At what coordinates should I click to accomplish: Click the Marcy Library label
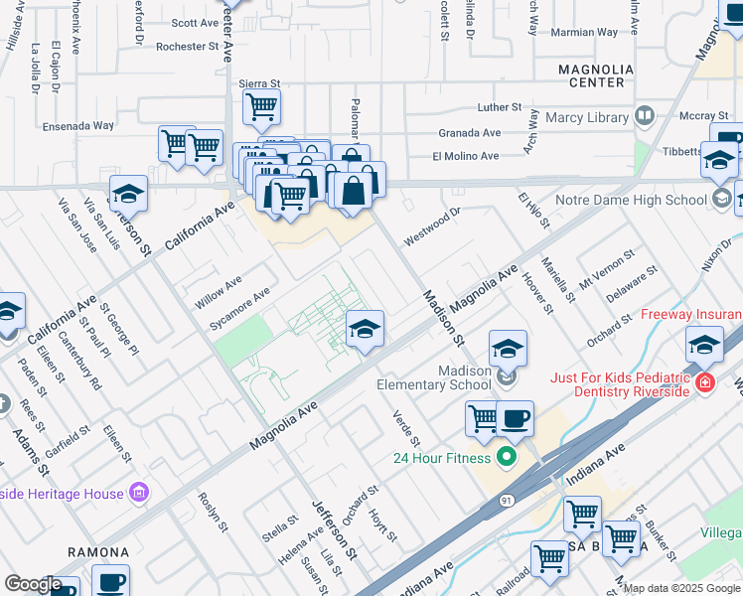587,117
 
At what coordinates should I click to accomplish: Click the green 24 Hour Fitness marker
507,457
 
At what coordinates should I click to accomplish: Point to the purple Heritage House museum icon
139,493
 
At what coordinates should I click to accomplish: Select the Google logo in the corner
32,584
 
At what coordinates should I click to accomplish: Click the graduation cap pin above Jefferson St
129,193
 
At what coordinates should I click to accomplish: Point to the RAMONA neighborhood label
98,551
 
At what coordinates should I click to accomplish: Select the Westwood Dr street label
432,226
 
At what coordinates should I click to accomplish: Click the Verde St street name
406,428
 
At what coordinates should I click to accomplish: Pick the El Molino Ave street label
465,156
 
